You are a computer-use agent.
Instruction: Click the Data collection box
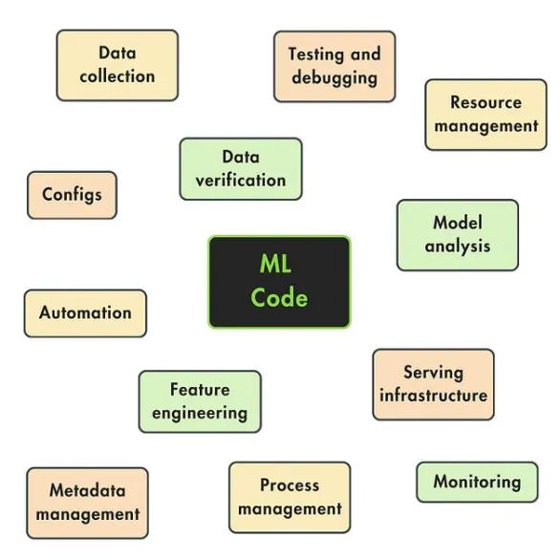point(118,65)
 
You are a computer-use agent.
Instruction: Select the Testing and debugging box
point(334,67)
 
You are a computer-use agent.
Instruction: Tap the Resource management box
point(485,115)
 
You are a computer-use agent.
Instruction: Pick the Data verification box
point(241,169)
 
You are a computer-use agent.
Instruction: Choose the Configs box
point(72,195)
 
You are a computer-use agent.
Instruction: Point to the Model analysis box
point(458,235)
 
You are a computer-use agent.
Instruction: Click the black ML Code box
point(279,282)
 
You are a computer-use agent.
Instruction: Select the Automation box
point(85,313)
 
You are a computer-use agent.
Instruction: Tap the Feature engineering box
point(200,401)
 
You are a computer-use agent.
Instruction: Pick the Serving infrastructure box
point(433,384)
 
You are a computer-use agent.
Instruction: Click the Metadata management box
point(88,503)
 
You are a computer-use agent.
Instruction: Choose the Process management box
point(290,498)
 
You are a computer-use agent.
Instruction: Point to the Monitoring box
point(477,483)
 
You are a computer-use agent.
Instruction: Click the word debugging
point(334,78)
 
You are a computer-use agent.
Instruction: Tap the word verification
point(241,180)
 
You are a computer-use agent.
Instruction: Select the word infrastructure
point(433,396)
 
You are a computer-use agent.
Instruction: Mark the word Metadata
point(88,490)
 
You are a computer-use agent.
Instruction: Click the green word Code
point(279,297)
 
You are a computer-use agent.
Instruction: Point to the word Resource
point(485,102)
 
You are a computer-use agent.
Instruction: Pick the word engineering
point(200,414)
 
